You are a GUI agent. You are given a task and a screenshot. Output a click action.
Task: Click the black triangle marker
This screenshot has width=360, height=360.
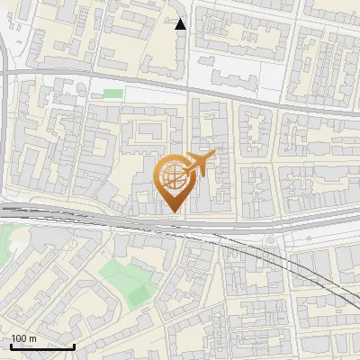point(181,24)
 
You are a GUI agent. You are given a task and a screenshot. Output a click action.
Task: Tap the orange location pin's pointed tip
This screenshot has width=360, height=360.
point(172,211)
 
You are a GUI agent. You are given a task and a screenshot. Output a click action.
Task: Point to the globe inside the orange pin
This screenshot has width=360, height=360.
point(172,175)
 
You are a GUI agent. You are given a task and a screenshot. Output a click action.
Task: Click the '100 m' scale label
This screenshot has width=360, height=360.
point(23,339)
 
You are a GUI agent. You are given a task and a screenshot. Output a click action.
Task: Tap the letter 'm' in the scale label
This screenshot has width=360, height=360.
point(31,339)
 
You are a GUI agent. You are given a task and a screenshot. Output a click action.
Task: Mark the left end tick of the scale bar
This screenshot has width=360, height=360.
point(10,346)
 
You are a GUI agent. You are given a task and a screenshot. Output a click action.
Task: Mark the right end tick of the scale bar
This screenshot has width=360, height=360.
point(74,346)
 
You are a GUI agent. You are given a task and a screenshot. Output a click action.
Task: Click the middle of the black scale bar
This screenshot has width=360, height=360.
point(41,347)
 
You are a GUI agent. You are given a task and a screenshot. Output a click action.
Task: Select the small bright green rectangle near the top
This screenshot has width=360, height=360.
point(112,93)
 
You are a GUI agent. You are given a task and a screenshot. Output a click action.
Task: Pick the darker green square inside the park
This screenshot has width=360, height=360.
point(137,293)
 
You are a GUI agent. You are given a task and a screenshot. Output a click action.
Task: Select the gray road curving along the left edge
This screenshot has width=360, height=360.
point(5,135)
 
